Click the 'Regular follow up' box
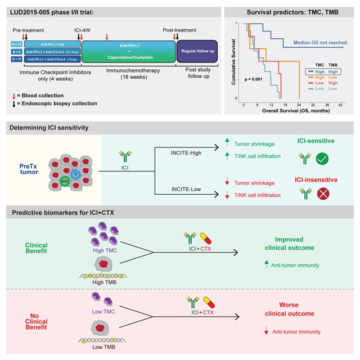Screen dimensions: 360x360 [197, 51]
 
